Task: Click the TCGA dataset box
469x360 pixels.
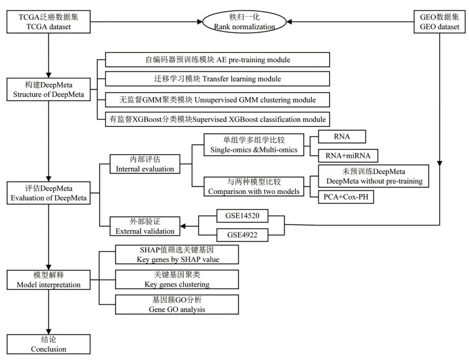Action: (48, 23)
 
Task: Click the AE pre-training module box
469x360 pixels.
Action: (216, 60)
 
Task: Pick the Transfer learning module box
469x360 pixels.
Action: (216, 79)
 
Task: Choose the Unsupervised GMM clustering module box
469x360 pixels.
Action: (216, 99)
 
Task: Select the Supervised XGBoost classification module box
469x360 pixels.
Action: (216, 118)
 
